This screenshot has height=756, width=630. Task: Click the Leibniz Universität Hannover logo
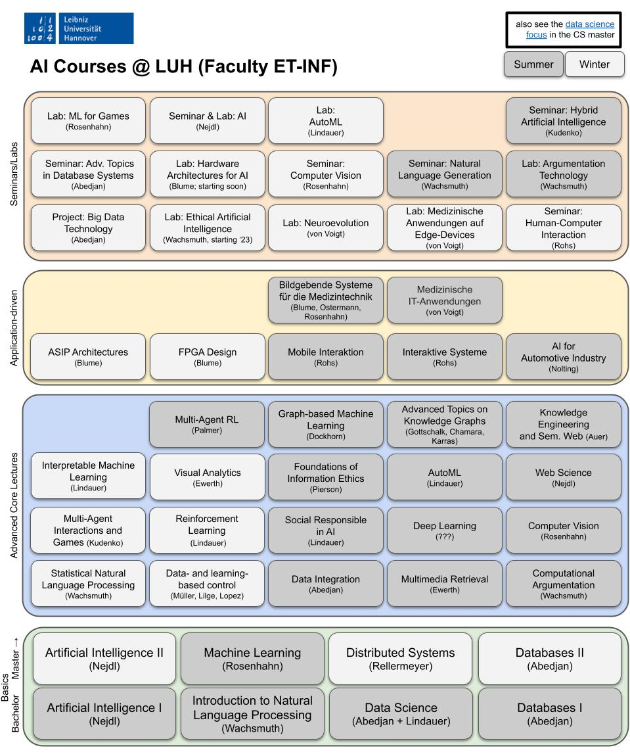tap(79, 28)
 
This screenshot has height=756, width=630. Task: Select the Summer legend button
tap(533, 64)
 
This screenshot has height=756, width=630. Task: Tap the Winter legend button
tap(595, 64)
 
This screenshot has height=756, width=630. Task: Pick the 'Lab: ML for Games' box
tap(88, 120)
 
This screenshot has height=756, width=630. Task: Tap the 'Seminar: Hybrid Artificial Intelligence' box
tap(563, 120)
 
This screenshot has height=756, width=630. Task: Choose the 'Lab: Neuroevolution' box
tap(326, 227)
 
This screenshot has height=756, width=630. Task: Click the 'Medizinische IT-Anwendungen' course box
tap(445, 300)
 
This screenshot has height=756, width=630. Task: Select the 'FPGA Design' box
tap(208, 356)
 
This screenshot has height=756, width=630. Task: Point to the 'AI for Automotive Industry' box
tap(563, 356)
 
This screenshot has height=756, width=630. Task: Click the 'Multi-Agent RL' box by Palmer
tap(207, 424)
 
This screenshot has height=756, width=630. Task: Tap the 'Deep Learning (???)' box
tap(445, 530)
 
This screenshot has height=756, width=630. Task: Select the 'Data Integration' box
tap(326, 583)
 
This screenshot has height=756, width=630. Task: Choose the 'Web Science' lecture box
tap(563, 477)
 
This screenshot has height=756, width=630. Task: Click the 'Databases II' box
tap(550, 659)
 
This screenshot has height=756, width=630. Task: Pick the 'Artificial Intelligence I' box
tap(104, 713)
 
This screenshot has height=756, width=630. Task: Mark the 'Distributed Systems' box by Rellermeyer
tap(400, 659)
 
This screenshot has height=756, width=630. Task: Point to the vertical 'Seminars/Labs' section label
tap(14, 174)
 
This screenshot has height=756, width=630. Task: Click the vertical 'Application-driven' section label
tap(14, 328)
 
